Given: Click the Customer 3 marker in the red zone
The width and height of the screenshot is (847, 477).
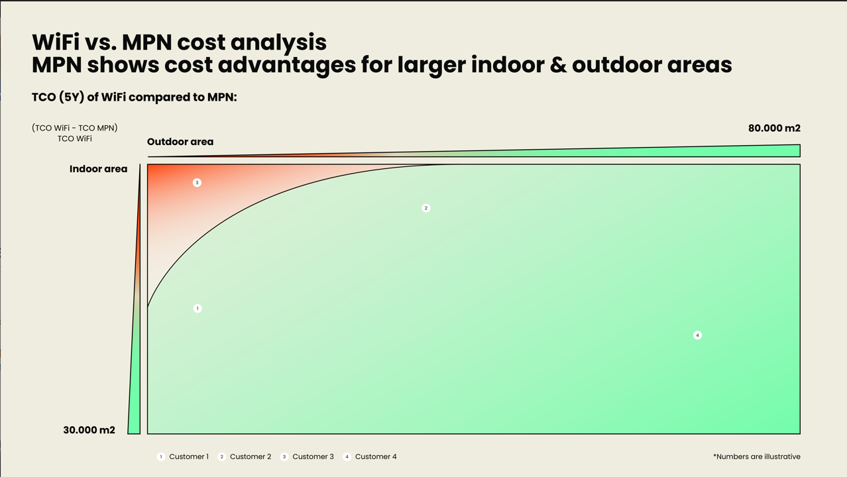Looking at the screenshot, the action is click(x=197, y=183).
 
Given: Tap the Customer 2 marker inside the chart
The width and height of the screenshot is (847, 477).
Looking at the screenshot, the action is click(x=426, y=208).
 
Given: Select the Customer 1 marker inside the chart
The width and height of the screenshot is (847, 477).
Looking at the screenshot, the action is click(x=198, y=309).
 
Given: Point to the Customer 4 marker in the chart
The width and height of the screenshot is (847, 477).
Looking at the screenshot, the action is click(x=698, y=336).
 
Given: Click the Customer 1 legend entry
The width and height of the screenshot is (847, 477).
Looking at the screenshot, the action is click(x=183, y=457).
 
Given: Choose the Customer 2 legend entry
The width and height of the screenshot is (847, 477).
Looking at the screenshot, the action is click(x=245, y=457).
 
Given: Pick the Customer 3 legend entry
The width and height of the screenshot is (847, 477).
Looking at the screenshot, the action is click(x=307, y=457).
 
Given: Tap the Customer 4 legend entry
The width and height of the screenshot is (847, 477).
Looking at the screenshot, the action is click(x=370, y=457).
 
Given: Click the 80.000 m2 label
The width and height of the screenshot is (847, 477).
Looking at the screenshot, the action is click(x=774, y=129).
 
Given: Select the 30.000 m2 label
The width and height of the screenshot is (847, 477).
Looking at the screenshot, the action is click(x=89, y=430).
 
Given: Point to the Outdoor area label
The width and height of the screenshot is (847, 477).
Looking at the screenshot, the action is click(x=180, y=142).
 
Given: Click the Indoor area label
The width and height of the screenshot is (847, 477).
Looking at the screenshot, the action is click(x=98, y=169).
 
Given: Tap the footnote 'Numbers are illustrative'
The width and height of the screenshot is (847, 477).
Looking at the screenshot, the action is click(x=757, y=456).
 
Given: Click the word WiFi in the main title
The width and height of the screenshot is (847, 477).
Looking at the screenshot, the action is click(x=56, y=42).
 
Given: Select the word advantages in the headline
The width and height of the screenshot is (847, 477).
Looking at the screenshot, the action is click(x=286, y=65).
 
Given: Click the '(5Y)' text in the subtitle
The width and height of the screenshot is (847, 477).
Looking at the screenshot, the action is click(x=72, y=97).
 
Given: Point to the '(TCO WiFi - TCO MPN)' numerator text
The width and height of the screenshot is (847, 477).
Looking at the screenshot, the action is click(x=74, y=128).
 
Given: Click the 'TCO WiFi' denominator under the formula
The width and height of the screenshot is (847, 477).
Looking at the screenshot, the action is click(x=74, y=138).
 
